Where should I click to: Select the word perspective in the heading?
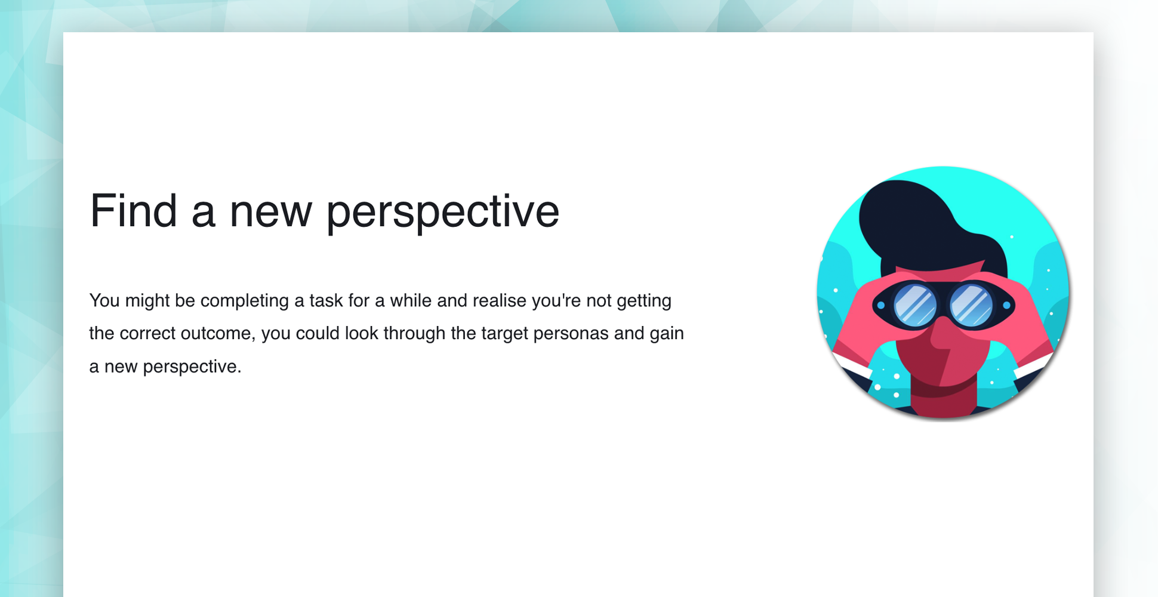443,214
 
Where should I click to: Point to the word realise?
500,300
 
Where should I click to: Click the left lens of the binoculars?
915,305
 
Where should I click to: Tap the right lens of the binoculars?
971,305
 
